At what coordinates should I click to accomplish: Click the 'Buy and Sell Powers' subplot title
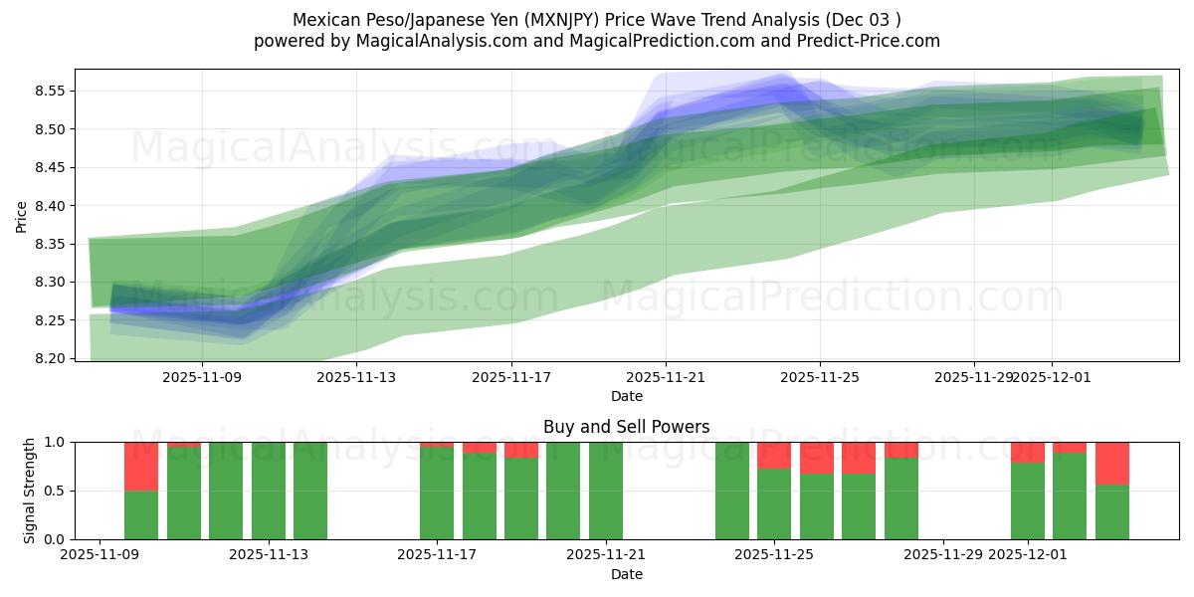click(626, 427)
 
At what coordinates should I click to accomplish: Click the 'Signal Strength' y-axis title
click(30, 491)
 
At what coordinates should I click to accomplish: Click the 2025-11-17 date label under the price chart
click(511, 377)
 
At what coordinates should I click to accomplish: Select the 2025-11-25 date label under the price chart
click(820, 377)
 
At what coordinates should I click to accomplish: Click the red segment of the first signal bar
click(141, 466)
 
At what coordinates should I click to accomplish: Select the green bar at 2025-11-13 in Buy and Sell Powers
click(310, 491)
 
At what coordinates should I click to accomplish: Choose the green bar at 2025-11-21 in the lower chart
click(606, 491)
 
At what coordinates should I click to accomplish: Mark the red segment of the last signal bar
click(1111, 463)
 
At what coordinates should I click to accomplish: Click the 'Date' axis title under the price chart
click(626, 396)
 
